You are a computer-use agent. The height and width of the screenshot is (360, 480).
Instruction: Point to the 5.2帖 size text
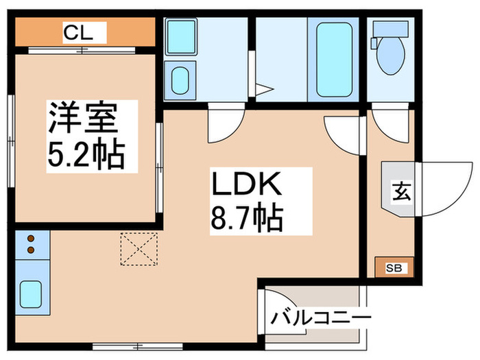point(85,156)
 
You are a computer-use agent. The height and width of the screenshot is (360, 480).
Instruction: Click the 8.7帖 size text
point(246,219)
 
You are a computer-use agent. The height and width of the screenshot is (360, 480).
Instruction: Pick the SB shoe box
point(395,267)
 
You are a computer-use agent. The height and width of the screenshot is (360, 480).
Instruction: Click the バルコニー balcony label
point(320,318)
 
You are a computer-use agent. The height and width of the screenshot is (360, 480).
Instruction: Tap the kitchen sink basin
point(32,294)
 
